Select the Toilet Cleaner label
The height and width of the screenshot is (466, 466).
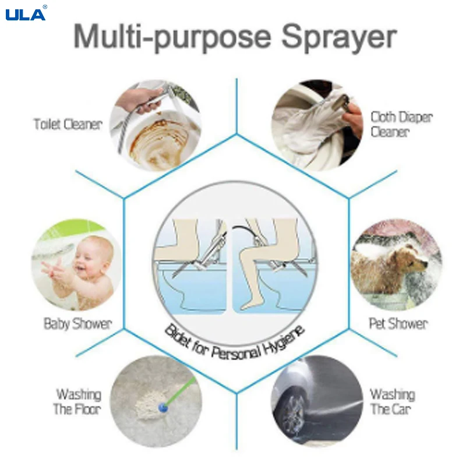pos(68,124)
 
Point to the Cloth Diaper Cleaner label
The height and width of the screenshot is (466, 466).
pos(401,124)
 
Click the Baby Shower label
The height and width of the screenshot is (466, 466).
pos(77,324)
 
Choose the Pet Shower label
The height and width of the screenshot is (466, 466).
pos(398,324)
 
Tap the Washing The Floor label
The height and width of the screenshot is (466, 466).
pos(78,401)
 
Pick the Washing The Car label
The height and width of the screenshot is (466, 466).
pos(392,401)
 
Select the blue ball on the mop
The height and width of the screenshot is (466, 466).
pos(164,409)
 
